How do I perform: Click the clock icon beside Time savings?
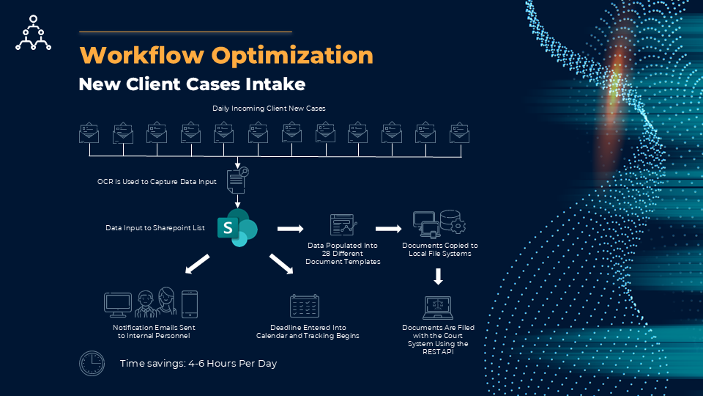point(92,363)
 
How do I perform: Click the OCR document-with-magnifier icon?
point(238,179)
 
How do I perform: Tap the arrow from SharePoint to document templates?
point(291,228)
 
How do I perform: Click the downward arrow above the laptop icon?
point(439,276)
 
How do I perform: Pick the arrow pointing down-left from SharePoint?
point(196,264)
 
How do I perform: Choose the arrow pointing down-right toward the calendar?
point(281,264)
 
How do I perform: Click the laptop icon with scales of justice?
point(439,307)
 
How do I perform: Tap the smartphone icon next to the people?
point(189,304)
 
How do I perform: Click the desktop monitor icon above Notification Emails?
point(118,304)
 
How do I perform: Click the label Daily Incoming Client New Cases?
point(269,108)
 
